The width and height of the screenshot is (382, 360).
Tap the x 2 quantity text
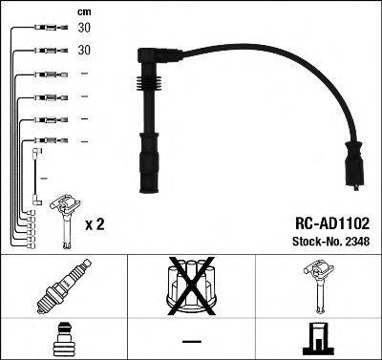click(x=94, y=225)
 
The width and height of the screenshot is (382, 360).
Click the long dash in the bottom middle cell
click(x=191, y=340)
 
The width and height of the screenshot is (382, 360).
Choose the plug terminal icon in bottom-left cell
click(x=63, y=338)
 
